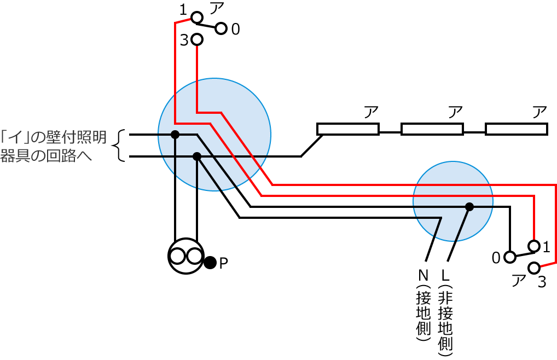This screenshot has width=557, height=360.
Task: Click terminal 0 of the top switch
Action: point(221,28)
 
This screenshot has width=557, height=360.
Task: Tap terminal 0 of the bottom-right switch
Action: point(509,256)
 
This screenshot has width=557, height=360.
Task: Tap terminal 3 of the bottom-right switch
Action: point(534,268)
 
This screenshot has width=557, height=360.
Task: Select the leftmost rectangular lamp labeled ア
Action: point(348,129)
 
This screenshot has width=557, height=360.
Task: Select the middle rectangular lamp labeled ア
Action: point(432,129)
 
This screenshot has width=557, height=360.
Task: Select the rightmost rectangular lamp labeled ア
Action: point(517,129)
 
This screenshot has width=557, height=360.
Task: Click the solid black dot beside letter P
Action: point(210,263)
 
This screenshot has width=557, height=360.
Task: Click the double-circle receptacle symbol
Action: point(185,256)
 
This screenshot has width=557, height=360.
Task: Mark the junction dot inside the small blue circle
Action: point(469,207)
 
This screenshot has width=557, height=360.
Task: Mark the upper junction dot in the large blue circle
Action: point(175,134)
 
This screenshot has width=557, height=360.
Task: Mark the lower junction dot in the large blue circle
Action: point(198,157)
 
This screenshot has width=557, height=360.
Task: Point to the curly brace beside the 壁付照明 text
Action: point(119,146)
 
